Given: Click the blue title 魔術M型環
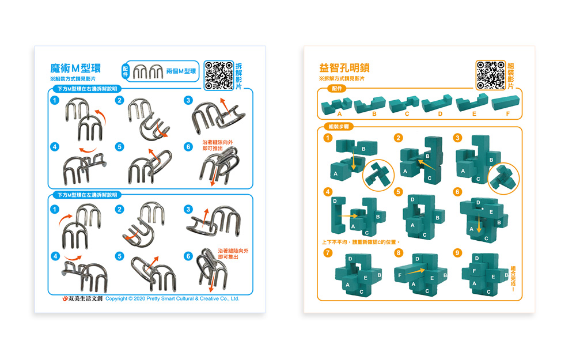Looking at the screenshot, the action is (x=75, y=69).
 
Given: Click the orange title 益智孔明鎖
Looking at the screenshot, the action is (x=344, y=68).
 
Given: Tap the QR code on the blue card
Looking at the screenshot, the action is (x=219, y=75).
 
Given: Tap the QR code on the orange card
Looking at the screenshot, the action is (x=490, y=75).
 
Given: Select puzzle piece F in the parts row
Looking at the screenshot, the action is (x=506, y=103).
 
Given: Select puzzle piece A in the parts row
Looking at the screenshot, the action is (x=336, y=106).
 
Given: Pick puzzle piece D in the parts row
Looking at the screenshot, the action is (x=437, y=104).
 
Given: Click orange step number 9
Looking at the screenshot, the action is (x=457, y=253).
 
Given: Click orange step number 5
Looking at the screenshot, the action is (x=398, y=192).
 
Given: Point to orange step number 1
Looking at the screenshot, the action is (x=328, y=138).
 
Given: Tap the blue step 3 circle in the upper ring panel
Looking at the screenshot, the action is (x=188, y=100).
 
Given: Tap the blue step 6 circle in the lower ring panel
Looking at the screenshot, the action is (x=188, y=256).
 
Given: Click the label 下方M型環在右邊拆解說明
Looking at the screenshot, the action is (x=88, y=89).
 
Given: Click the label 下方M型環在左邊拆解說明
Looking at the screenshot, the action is (x=88, y=195).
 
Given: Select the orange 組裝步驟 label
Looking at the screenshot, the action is (x=339, y=127).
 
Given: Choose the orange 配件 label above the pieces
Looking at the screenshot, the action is (x=337, y=89).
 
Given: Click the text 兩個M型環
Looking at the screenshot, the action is (x=181, y=71).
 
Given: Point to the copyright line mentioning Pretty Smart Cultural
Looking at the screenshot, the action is (x=172, y=298).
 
